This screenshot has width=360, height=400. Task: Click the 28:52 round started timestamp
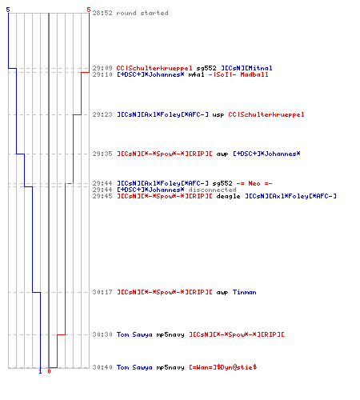coord(102,13)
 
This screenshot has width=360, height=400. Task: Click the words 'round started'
coord(142,13)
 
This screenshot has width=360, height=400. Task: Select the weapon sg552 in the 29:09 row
coord(206,68)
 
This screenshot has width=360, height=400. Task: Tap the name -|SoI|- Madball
coord(238,74)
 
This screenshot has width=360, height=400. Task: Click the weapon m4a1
coord(196,74)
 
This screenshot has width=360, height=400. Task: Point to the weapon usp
coord(218,115)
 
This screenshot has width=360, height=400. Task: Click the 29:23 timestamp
coord(102,114)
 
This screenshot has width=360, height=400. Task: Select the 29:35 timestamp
coord(102,154)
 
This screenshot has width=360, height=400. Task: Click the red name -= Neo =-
coord(254,183)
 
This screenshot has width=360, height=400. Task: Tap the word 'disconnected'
coord(212,190)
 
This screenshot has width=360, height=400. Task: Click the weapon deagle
coord(228,197)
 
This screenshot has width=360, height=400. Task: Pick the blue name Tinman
coord(244,292)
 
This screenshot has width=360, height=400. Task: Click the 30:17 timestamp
coord(102,292)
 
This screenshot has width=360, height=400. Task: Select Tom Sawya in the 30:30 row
coord(134,334)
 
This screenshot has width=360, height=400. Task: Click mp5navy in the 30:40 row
coord(170,368)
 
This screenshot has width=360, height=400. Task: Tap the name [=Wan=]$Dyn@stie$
coord(223,367)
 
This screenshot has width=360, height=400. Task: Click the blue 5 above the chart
coord(8,10)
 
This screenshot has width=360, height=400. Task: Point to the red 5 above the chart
coord(89,10)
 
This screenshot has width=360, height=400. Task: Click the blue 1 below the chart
coord(40,371)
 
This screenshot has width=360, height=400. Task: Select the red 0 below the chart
coord(49,371)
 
